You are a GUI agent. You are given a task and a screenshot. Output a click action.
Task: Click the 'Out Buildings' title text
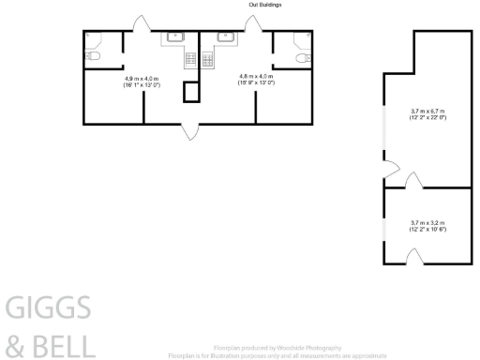tap(264, 5)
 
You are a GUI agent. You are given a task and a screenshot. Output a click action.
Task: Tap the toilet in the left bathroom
tap(93, 57)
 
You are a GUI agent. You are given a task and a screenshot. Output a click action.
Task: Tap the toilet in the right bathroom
tap(300, 57)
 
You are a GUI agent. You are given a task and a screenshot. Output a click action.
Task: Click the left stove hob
tap(191, 59)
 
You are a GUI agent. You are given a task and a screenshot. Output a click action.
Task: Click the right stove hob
tap(207, 59)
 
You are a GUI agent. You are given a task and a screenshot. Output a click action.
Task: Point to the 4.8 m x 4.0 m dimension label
tap(256, 80)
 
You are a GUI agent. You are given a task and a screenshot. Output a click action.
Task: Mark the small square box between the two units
tap(191, 92)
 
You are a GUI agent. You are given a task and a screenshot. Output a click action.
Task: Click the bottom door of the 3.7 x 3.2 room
tap(412, 256)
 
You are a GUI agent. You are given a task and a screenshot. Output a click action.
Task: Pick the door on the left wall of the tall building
tap(390, 171)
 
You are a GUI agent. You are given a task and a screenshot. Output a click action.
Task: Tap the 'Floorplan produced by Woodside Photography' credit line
tap(277, 349)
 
